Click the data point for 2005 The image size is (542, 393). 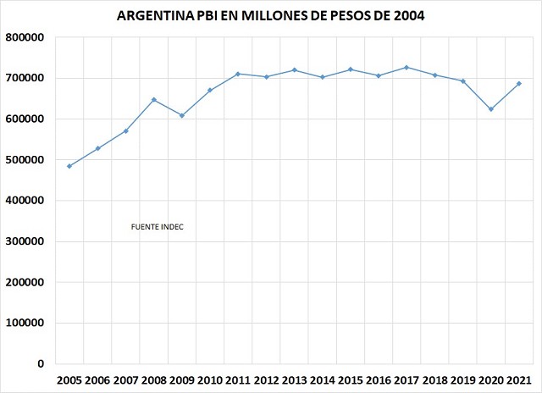coord(69,166)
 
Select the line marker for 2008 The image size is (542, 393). coord(154,100)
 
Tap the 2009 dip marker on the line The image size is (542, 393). coord(182,115)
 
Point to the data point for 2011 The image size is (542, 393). coord(238,74)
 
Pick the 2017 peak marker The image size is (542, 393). coord(406,67)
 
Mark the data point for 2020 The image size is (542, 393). coord(490,109)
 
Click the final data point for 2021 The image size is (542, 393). coord(518,84)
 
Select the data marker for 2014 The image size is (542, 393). coord(322,77)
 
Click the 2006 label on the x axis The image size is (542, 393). coord(98,380)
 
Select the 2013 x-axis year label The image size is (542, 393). coord(295,380)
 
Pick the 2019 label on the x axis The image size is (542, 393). coord(462,380)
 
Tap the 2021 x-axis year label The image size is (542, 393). coord(518,380)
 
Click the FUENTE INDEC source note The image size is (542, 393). coord(158,227)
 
